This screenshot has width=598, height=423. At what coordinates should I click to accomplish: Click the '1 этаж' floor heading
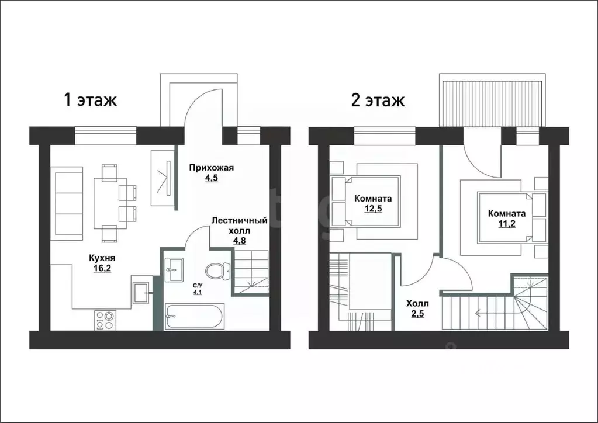coord(90,100)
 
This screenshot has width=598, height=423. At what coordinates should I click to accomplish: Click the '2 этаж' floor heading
coord(378,100)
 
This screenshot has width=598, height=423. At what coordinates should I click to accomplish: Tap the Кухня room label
coord(102,258)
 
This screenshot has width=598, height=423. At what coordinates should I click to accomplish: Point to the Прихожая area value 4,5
coord(211,178)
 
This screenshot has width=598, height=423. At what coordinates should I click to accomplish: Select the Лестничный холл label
coord(240,226)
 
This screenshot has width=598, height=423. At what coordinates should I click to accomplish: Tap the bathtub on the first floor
coord(195,316)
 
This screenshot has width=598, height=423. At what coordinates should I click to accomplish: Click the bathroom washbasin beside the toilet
coord(174,270)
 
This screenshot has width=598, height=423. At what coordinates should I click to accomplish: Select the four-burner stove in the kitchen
coord(105,320)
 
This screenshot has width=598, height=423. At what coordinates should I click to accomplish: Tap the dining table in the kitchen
coord(110,203)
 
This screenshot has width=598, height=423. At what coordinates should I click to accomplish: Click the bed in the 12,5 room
coord(366,201)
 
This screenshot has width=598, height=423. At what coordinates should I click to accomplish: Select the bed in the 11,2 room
coord(511,217)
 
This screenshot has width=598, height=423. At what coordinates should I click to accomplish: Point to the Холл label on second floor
coord(417,304)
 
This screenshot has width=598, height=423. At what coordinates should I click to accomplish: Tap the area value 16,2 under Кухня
coord(102,268)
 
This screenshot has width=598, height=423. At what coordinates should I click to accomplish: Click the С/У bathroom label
coord(197,285)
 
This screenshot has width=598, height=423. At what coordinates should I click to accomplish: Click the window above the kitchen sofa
coord(105,136)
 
